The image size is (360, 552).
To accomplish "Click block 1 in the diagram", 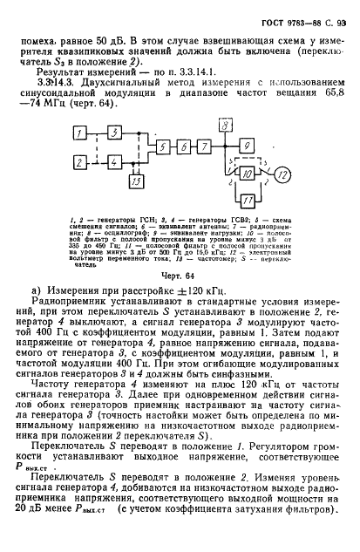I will (x=81, y=132).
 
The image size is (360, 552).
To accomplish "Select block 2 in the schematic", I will (x=81, y=162).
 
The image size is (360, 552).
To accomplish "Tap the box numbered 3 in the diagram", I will (x=116, y=132).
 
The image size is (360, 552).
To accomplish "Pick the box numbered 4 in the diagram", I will (x=116, y=162).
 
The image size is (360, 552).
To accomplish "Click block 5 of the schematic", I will (x=166, y=147).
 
